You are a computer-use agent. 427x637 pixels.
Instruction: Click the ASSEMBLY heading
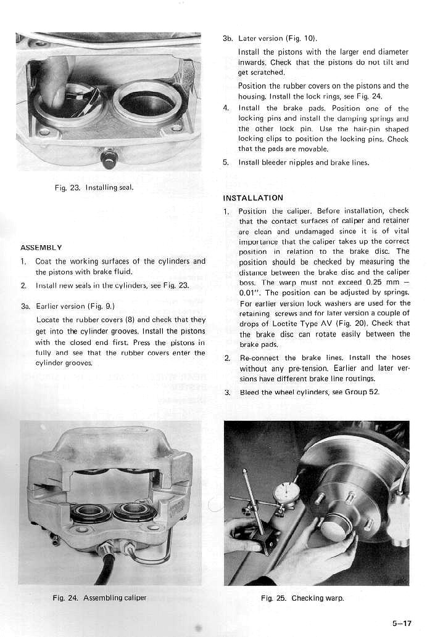41,248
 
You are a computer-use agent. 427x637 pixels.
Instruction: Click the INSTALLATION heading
253,198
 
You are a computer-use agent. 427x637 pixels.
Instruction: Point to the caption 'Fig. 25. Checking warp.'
302,598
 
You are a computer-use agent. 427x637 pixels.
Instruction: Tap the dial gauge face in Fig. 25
286,493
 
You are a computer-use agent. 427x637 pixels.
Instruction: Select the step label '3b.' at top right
227,38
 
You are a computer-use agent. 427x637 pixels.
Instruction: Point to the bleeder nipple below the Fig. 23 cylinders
110,158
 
